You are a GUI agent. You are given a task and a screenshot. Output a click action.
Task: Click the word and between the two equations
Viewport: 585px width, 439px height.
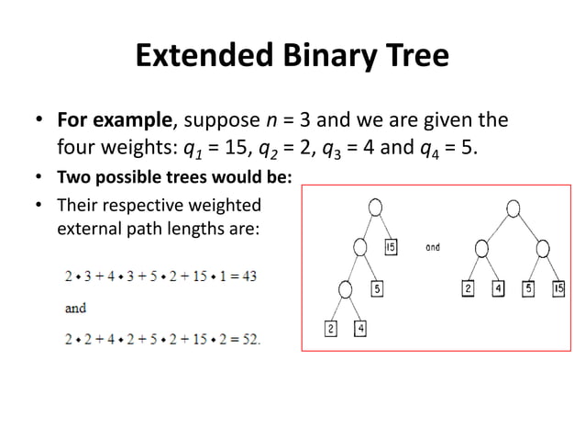pyautogui.click(x=76, y=309)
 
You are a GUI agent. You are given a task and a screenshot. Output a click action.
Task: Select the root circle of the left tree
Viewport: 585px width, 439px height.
pyautogui.click(x=375, y=208)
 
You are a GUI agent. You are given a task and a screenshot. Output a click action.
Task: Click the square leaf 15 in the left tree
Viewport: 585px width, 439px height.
pyautogui.click(x=390, y=247)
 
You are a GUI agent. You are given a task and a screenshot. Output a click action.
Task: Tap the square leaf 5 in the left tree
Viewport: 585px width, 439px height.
pyautogui.click(x=376, y=289)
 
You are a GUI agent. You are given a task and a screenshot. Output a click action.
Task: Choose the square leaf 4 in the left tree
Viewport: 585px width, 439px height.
pyautogui.click(x=359, y=328)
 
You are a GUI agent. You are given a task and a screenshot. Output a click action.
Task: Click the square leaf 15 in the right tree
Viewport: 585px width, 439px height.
pyautogui.click(x=557, y=289)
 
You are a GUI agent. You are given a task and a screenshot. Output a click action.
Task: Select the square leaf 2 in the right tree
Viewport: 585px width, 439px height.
pyautogui.click(x=469, y=289)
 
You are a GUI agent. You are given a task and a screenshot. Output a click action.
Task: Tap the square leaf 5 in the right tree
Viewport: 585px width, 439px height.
pyautogui.click(x=528, y=289)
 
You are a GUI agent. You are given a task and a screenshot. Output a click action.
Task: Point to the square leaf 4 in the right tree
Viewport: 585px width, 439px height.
pyautogui.click(x=498, y=289)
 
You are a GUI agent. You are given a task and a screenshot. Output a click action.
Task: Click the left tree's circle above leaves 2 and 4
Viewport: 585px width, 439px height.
pyautogui.click(x=345, y=288)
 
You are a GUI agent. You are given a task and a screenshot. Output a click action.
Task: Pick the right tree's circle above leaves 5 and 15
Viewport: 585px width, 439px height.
pyautogui.click(x=543, y=247)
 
